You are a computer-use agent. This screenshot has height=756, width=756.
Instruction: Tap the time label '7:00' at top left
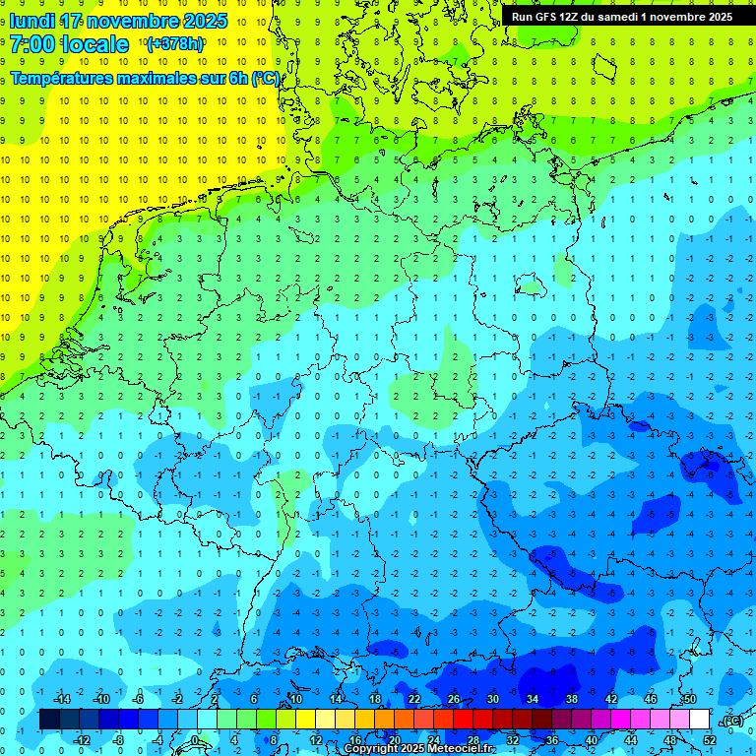(35, 44)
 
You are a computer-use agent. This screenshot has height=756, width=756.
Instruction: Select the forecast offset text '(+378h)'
(174, 44)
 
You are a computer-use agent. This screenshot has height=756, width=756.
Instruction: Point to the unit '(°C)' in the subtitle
(266, 78)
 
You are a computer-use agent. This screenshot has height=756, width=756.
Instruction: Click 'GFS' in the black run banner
(546, 17)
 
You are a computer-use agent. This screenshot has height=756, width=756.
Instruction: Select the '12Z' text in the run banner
(572, 17)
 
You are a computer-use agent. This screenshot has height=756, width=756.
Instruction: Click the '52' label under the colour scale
(710, 740)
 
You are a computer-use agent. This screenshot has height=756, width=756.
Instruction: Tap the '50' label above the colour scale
(689, 700)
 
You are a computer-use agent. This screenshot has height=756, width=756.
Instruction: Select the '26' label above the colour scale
(453, 700)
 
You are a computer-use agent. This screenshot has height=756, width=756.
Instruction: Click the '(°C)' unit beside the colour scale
(732, 721)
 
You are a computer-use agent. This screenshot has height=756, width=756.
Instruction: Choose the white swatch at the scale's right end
(699, 720)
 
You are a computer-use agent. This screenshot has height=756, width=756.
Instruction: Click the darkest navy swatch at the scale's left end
(49, 720)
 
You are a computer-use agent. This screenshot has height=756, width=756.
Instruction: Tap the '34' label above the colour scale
(532, 700)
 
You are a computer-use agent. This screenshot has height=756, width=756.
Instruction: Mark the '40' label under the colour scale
(592, 740)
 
